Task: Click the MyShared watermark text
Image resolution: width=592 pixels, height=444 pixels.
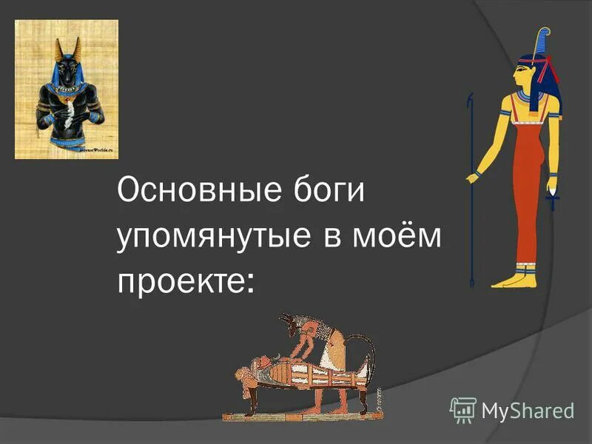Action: point(528,409)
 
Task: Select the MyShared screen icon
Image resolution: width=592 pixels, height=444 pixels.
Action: point(462,408)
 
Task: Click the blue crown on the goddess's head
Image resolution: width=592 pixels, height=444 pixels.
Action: point(544,44)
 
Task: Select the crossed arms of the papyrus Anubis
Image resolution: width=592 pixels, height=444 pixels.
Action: point(70,112)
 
